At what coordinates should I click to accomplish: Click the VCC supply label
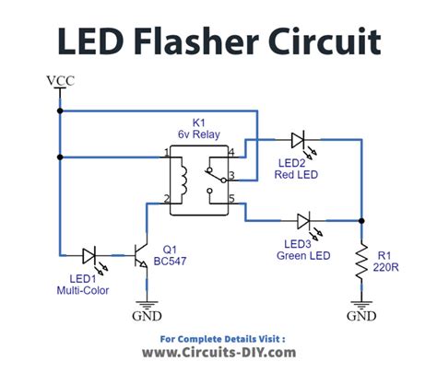coord(61,81)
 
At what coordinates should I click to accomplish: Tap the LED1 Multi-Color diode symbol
coord(89,255)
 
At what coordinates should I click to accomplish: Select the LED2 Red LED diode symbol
coord(298,140)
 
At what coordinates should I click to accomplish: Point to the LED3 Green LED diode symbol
coord(303,221)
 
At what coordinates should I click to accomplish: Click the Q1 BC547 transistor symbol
coord(140,255)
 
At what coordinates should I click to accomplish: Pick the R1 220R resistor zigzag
coord(361,262)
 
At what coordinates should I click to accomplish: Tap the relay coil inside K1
coord(183,181)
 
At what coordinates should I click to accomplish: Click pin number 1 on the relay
coord(166,153)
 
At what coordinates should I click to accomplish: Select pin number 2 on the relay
coord(166,199)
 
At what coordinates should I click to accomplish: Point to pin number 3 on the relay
coord(231,175)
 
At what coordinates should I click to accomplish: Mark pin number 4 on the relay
coord(231,152)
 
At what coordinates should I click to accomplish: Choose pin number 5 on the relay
coord(231,198)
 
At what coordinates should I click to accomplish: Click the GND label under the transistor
coord(147,316)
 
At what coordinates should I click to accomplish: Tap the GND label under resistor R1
coord(361,316)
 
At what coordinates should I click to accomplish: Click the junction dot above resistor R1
coord(361,221)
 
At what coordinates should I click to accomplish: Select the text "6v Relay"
coord(199,134)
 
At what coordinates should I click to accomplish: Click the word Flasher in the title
coord(196,41)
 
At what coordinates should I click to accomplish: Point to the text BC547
coord(170,262)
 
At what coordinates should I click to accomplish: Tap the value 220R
coord(385,267)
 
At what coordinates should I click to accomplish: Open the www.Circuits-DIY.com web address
coord(218,353)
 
